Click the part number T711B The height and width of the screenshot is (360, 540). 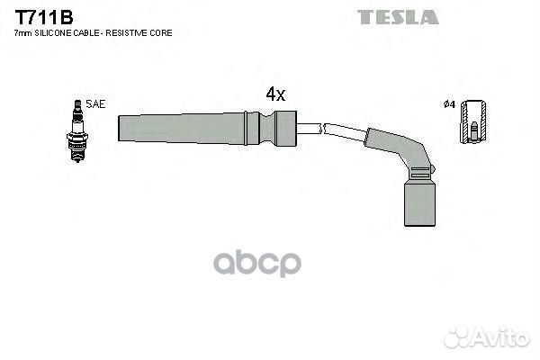click(44, 17)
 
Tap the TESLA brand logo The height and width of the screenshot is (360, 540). click(398, 17)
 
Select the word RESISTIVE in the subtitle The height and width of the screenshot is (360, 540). click(126, 33)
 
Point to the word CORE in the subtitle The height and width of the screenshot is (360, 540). click(161, 33)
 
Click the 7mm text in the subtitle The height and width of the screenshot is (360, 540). click(23, 33)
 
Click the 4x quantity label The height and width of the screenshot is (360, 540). click(275, 94)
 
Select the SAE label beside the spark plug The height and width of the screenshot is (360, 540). click(95, 104)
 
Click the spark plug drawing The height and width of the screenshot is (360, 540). click(77, 130)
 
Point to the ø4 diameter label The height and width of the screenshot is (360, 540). click(449, 104)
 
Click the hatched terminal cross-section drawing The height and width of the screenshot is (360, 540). click(474, 121)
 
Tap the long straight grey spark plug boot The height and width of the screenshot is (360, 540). click(207, 128)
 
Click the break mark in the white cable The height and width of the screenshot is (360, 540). click(322, 129)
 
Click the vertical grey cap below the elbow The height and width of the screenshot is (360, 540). click(419, 203)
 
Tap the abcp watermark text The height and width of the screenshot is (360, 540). click(257, 264)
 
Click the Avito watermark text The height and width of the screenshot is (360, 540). click(500, 337)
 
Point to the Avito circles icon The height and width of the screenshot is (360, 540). click(456, 337)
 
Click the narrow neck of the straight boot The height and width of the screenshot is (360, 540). click(267, 128)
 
